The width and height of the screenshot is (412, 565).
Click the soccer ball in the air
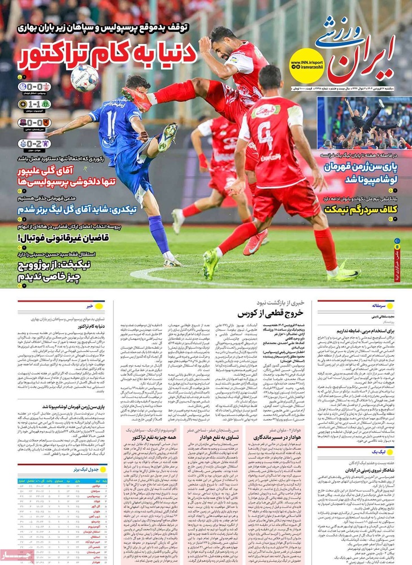click(x=85, y=77)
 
